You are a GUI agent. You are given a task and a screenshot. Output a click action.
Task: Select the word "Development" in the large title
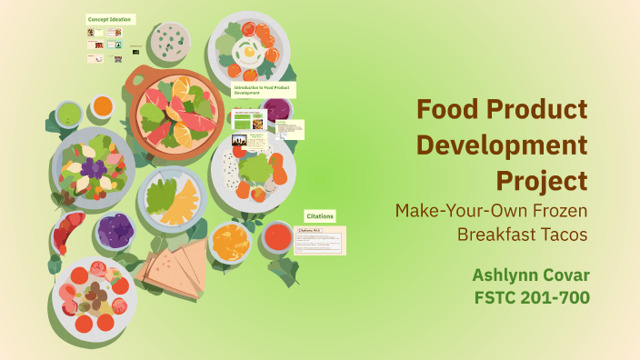coord(502,145)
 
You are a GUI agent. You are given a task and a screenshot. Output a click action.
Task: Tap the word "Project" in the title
coord(542,179)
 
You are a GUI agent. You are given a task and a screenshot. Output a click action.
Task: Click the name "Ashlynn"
coord(504,274)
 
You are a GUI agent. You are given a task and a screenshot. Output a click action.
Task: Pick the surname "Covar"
coord(565,274)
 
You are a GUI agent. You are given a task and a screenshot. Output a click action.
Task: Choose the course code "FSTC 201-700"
coord(531,297)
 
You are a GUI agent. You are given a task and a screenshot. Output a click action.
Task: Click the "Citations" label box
coord(320,216)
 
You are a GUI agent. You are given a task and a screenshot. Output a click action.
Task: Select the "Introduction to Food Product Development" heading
coord(264,89)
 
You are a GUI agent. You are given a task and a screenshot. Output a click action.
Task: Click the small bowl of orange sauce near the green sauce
coord(102,106)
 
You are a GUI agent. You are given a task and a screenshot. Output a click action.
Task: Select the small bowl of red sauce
coord(278,237)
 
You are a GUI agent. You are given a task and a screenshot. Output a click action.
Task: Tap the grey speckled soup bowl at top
coord(170,40)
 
